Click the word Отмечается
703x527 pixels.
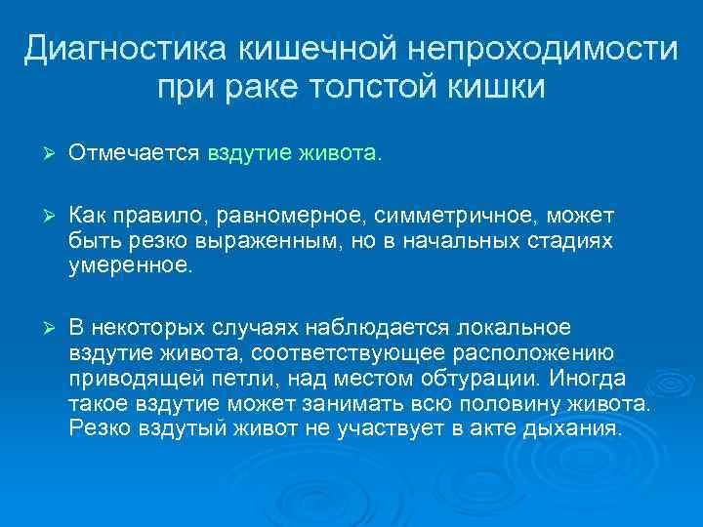pos(134,153)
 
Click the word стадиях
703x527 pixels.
pos(565,240)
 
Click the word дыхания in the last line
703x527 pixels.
pos(568,427)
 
